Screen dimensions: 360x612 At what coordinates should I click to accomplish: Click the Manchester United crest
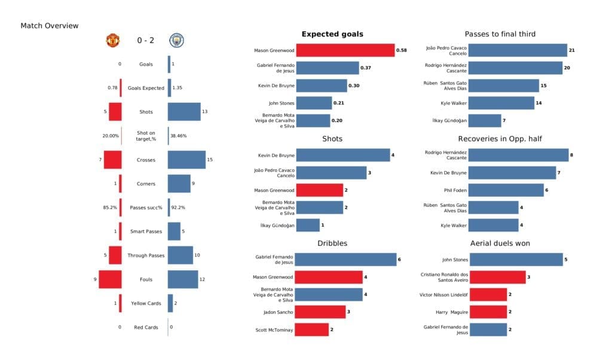tap(112, 40)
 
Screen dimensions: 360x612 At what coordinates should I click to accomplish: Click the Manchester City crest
tap(177, 40)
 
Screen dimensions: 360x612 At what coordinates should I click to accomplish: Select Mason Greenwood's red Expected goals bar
tap(345, 51)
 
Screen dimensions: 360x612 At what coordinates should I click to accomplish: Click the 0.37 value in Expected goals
tap(366, 68)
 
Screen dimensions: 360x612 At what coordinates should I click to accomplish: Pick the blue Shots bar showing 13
tap(184, 112)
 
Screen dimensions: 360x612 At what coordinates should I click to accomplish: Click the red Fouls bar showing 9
tap(111, 279)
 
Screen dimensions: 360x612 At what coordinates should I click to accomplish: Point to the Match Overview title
tap(50, 26)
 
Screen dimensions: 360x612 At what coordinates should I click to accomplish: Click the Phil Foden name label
tap(455, 190)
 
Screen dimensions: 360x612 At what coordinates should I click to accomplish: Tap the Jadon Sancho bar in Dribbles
tap(320, 312)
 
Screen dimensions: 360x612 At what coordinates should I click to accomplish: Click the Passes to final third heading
tap(500, 34)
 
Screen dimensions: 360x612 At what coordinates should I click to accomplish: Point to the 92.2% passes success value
tap(178, 208)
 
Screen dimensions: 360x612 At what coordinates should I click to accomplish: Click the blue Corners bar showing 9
tap(179, 184)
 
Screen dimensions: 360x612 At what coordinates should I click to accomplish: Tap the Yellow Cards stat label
tap(146, 303)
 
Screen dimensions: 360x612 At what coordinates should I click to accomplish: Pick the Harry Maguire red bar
tap(488, 312)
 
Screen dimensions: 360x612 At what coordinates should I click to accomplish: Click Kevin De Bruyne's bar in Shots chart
tap(342, 155)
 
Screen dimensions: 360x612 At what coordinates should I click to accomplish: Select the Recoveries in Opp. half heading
tap(500, 139)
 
